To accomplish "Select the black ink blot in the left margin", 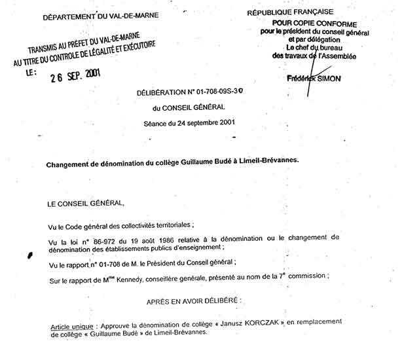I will pos(30,256).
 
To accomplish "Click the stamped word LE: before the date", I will pos(32,74).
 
